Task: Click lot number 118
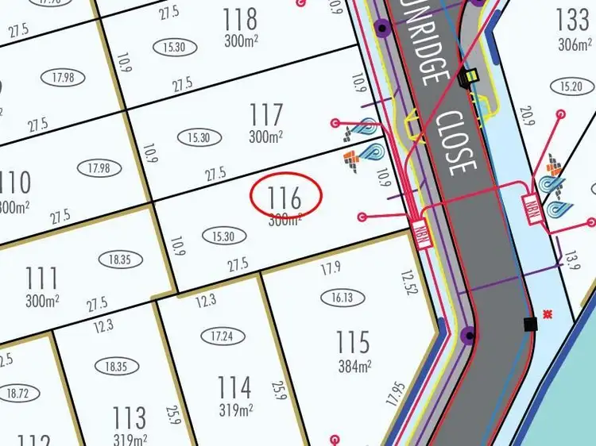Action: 240,18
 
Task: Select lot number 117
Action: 265,115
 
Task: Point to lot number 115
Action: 352,342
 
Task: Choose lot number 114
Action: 234,388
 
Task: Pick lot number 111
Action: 41,279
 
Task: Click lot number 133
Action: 573,19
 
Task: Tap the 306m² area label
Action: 575,44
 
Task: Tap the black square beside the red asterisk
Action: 530,323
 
